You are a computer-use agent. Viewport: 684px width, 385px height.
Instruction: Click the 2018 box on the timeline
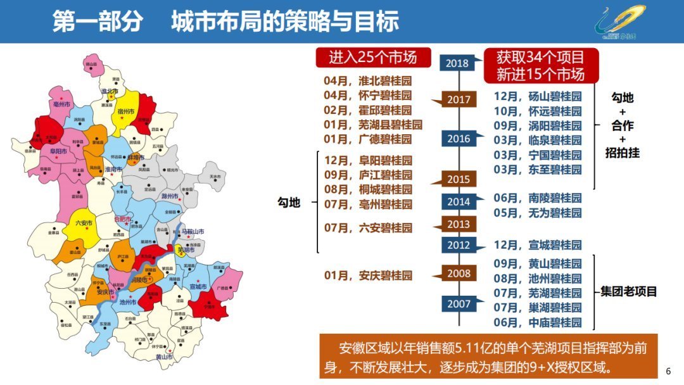click(x=457, y=63)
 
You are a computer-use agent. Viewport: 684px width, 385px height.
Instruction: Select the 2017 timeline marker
click(x=459, y=99)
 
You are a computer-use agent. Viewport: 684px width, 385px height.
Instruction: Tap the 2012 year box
click(x=459, y=245)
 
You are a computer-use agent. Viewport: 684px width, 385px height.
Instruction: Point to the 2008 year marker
click(x=459, y=274)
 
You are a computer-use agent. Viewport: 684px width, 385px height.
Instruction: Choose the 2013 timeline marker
click(x=459, y=224)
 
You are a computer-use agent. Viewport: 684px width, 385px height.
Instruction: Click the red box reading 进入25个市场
click(x=373, y=58)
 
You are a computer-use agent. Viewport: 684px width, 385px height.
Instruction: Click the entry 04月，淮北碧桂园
click(x=367, y=81)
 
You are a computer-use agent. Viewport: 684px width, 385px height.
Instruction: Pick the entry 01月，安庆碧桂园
click(x=367, y=275)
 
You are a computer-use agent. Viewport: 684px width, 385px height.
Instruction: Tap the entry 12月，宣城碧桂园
click(x=537, y=245)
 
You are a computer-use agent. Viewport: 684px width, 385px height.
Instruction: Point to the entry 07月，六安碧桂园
click(x=367, y=227)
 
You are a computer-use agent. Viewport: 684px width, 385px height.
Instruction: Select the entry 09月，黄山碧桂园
click(x=537, y=264)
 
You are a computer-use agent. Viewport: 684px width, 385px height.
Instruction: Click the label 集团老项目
click(x=629, y=292)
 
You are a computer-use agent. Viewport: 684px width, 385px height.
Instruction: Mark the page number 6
click(x=669, y=370)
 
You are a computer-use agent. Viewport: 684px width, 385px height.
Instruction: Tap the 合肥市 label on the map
click(x=122, y=219)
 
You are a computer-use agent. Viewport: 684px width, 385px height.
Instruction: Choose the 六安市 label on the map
click(x=84, y=223)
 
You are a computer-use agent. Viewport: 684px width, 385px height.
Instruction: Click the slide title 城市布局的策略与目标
click(x=284, y=22)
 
